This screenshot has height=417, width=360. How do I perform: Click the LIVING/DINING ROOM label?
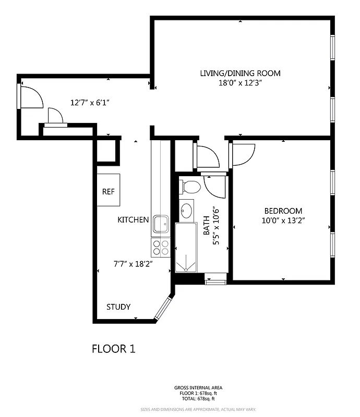tap(240, 73)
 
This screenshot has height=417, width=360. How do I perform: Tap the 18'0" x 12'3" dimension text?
tap(240, 82)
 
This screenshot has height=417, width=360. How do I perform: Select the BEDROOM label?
tap(283, 211)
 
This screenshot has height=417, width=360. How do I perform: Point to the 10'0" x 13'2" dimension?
tap(283, 220)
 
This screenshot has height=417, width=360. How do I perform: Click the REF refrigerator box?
tap(109, 191)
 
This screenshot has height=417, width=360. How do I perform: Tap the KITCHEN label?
tap(133, 220)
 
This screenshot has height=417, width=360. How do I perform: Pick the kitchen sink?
tap(160, 224)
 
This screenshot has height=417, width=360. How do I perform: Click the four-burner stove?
tap(161, 247)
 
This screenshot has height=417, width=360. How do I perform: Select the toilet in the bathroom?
tap(190, 187)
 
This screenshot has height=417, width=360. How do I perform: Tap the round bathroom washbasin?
tap(187, 210)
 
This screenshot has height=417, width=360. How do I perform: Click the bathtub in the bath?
tap(186, 248)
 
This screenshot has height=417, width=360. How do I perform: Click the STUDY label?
tap(118, 306)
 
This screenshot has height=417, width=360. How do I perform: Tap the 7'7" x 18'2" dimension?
tap(133, 264)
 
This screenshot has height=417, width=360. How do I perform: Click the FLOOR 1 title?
tap(113, 349)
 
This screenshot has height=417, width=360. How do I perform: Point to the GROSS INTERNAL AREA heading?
tap(198, 388)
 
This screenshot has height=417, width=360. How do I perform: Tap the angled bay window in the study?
tap(164, 308)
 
